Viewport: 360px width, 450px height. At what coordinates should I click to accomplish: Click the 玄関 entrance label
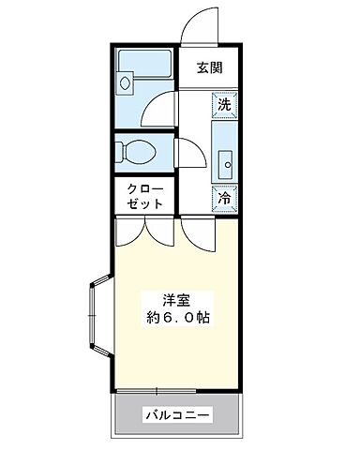click(x=209, y=67)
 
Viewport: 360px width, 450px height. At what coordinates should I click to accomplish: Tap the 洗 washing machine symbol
click(x=224, y=104)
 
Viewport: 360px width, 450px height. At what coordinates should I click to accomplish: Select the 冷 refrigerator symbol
click(x=224, y=198)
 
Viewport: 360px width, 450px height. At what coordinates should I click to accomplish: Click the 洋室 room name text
click(x=177, y=300)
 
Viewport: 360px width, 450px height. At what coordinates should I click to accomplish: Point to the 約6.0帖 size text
click(x=177, y=318)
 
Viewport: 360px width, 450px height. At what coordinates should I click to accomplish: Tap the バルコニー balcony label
click(x=176, y=414)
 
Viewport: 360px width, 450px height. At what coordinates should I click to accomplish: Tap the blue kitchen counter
click(x=224, y=150)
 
